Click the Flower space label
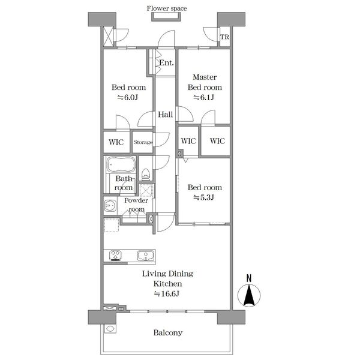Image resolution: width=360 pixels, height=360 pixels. (167, 8)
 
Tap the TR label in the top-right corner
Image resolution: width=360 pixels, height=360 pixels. (224, 37)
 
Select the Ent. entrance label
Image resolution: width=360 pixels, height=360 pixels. (166, 62)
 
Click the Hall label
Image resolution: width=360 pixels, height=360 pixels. (166, 115)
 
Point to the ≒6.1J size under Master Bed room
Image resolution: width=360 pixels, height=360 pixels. (204, 97)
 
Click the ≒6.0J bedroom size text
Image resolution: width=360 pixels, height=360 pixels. (128, 97)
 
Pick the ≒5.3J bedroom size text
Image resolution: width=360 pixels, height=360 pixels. (204, 197)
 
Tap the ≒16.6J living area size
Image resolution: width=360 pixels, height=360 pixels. (167, 293)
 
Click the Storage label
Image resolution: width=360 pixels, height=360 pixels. (143, 142)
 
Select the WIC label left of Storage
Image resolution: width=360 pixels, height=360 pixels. (116, 142)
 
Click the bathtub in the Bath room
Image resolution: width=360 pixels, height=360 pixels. (121, 164)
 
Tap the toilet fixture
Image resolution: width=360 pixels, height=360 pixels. (146, 174)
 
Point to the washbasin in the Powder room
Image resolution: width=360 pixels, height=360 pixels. (110, 205)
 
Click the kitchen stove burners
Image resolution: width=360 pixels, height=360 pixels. (115, 256)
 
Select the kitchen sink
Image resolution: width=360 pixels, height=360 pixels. (146, 256)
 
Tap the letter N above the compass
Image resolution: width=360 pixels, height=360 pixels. (249, 278)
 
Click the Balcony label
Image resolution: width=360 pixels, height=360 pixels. (168, 332)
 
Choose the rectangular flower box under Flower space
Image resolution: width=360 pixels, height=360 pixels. (166, 17)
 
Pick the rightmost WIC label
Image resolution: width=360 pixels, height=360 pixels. (217, 141)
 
